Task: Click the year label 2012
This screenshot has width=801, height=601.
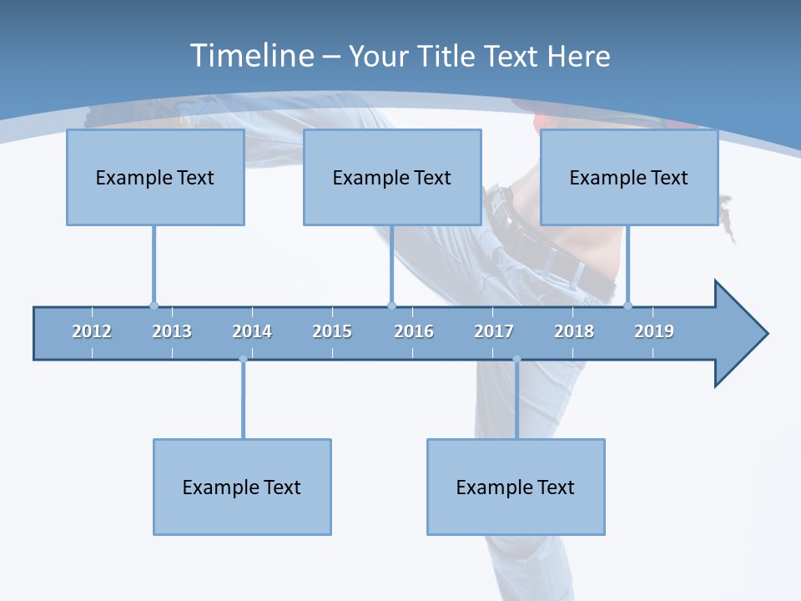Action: point(92,331)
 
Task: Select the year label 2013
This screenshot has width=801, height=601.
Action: point(172,331)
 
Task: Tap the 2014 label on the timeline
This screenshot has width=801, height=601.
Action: point(252,331)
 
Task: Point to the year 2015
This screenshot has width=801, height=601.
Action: point(332,331)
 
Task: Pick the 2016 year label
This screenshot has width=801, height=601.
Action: point(414,331)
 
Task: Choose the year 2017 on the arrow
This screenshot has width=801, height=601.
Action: point(494,331)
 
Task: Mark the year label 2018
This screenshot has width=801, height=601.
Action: point(574,331)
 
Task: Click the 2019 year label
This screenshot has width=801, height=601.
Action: point(654,331)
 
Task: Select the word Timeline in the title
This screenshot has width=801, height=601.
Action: point(250,56)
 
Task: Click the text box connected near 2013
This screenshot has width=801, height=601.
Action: point(155,177)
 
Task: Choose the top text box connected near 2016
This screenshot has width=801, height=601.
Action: point(392,177)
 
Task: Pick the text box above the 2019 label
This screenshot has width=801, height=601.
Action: point(629,177)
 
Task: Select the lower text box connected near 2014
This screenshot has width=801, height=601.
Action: point(242,487)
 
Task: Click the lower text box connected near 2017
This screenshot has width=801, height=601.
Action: point(516,487)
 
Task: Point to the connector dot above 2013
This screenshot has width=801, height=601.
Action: point(154,306)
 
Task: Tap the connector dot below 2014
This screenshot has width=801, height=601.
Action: point(243,360)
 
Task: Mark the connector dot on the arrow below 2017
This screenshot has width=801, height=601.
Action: point(516,360)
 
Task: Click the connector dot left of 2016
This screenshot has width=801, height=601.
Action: point(392,306)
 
